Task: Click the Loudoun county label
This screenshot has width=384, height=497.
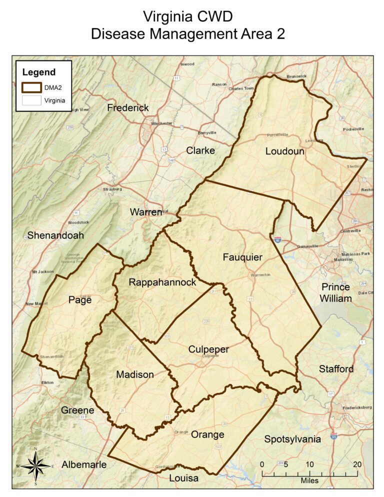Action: click(x=285, y=151)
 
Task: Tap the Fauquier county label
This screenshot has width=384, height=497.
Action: click(x=242, y=257)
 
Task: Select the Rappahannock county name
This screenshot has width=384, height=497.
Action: click(x=162, y=282)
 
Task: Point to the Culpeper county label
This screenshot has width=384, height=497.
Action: click(x=208, y=349)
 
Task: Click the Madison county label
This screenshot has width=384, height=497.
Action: click(x=135, y=374)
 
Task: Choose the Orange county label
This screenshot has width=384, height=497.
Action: click(x=207, y=434)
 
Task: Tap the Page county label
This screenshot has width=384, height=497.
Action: click(x=80, y=300)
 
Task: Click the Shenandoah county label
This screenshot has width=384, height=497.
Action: click(x=55, y=235)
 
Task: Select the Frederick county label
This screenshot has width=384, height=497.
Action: click(x=128, y=107)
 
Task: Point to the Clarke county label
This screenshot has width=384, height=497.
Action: click(x=200, y=150)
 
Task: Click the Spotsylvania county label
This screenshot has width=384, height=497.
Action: click(x=292, y=439)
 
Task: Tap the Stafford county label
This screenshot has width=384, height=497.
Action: click(x=336, y=369)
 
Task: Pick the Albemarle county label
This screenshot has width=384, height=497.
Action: click(x=84, y=464)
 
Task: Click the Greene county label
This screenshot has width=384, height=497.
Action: click(x=77, y=410)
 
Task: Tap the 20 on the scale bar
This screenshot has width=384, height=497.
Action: click(x=357, y=464)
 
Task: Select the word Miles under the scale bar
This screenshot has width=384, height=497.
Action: click(x=310, y=480)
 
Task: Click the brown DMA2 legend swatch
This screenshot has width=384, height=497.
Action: click(x=31, y=87)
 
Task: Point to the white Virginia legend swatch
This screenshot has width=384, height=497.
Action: click(x=31, y=100)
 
